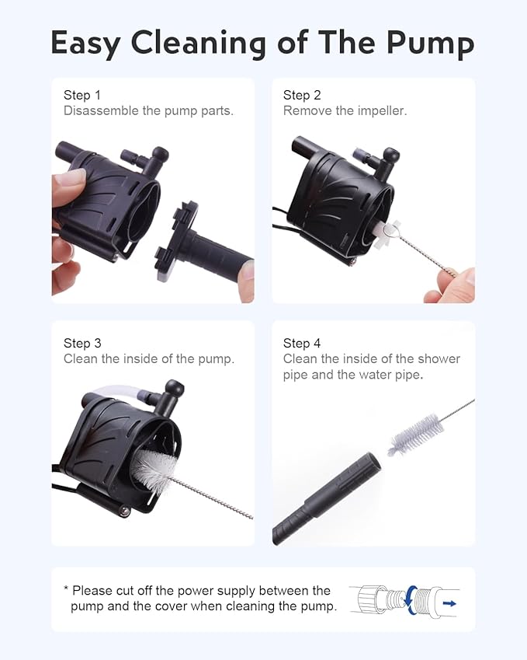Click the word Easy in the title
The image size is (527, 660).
coord(86,44)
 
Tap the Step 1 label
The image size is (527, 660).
coord(82,96)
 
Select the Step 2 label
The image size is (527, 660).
coord(302,96)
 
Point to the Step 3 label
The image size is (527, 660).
coord(82,343)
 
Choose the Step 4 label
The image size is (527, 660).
coord(302,343)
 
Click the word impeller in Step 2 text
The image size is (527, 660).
coord(380,111)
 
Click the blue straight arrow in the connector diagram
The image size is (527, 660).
coord(449,602)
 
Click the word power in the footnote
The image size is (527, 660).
coord(196,591)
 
